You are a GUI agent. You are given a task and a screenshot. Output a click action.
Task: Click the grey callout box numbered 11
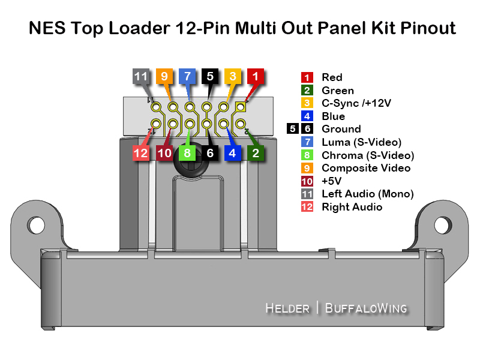[141, 76]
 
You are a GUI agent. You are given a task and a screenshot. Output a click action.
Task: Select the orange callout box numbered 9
[164, 76]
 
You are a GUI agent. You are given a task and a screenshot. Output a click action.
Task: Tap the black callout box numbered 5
[210, 76]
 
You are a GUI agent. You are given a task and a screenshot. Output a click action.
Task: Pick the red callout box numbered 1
[256, 76]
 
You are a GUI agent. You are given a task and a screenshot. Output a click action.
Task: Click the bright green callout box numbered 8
[187, 153]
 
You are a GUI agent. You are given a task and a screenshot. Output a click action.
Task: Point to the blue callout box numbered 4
[233, 153]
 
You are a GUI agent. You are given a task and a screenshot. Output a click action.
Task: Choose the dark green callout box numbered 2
[256, 153]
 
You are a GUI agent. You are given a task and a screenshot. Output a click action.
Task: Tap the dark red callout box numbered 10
[164, 153]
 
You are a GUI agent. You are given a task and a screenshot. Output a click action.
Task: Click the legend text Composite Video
[366, 168]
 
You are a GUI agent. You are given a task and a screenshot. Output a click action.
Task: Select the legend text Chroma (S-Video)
[368, 155]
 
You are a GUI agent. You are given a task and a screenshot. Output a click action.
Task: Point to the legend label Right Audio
[352, 207]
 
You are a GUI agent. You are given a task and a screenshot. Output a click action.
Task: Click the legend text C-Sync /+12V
[356, 103]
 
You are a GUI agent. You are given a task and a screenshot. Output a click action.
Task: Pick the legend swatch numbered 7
[307, 142]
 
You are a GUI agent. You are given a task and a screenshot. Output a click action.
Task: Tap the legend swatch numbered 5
[293, 128]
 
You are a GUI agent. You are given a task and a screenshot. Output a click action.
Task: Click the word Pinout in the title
[428, 28]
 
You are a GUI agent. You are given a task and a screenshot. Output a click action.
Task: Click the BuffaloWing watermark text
[366, 308]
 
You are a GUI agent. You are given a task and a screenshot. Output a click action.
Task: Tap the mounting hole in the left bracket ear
[36, 225]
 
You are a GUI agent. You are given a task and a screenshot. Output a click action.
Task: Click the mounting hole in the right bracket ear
[443, 225]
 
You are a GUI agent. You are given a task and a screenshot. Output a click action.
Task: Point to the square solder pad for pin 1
[241, 107]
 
